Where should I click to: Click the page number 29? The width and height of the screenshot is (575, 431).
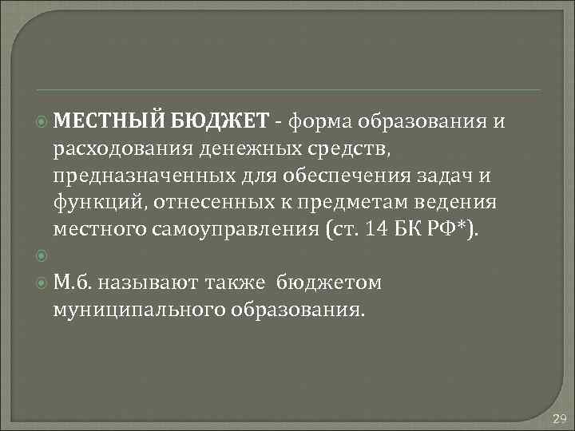[x=558, y=418]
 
